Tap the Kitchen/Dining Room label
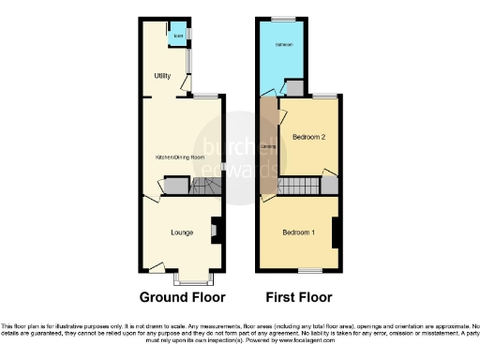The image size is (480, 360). pyautogui.click(x=180, y=157)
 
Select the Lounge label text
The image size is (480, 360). pyautogui.click(x=182, y=232)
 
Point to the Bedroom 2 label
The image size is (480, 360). pyautogui.click(x=308, y=137)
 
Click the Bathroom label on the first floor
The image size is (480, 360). pyautogui.click(x=285, y=45)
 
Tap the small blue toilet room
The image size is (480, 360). pyautogui.click(x=177, y=37)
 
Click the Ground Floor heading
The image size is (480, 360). pyautogui.click(x=183, y=298)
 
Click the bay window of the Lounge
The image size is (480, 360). pyautogui.click(x=196, y=278)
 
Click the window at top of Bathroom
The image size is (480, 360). pyautogui.click(x=284, y=18)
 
